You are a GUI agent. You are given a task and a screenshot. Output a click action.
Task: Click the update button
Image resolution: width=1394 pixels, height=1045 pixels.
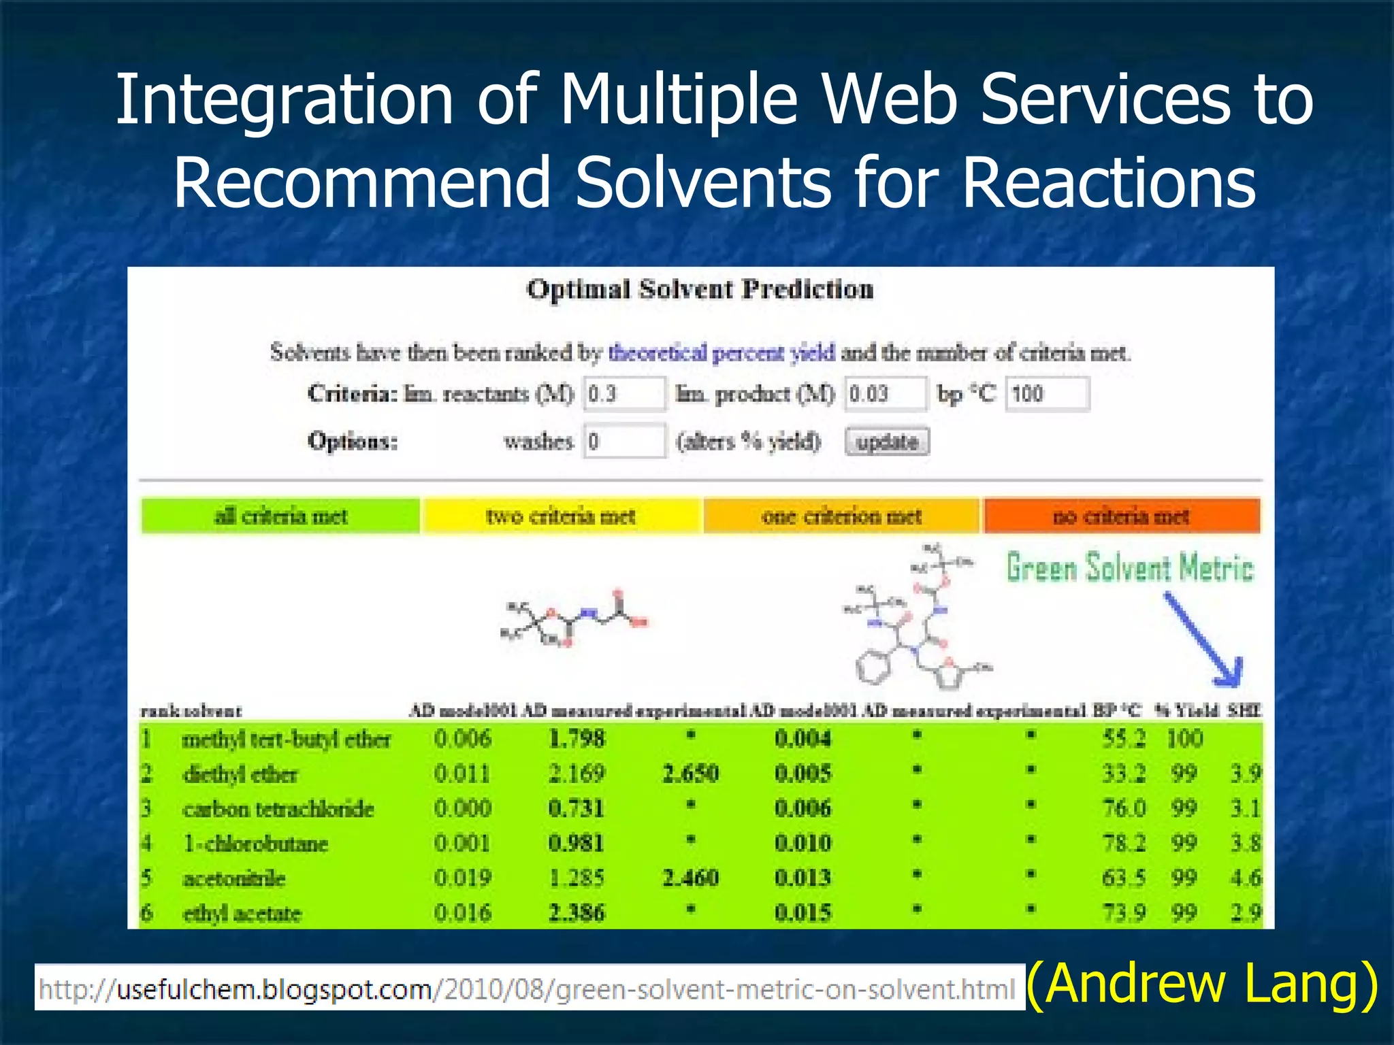(887, 442)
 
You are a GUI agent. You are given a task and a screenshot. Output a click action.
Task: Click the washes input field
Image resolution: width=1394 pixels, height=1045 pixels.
(624, 442)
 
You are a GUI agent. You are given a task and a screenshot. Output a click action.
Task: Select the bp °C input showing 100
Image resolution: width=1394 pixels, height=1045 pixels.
(1047, 394)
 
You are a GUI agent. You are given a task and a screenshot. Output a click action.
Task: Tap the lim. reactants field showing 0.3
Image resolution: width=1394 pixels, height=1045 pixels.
(624, 394)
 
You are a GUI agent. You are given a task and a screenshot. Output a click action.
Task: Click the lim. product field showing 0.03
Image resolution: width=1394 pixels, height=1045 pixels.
(886, 394)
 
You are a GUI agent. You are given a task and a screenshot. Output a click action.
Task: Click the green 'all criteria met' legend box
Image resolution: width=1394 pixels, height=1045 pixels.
(280, 516)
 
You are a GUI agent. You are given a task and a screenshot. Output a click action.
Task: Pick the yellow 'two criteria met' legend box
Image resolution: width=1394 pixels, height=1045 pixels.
(561, 516)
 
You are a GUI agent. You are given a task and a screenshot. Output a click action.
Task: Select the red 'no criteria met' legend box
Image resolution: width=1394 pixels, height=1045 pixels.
(1121, 516)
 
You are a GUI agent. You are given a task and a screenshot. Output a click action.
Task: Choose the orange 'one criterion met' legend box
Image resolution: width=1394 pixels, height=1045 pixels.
(841, 516)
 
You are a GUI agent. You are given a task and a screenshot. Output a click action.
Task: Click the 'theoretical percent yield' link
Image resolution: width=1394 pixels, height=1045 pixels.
(722, 352)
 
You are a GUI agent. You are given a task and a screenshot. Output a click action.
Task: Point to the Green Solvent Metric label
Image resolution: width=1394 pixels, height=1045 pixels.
(1130, 567)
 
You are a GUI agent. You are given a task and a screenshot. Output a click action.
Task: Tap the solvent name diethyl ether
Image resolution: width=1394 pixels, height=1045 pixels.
(240, 774)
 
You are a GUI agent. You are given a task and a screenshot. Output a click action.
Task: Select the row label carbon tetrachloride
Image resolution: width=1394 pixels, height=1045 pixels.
(278, 809)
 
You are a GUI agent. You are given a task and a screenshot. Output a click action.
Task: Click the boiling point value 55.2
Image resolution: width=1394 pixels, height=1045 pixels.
(1124, 739)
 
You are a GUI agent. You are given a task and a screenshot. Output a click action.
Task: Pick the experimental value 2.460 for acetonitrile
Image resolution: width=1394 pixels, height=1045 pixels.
(690, 878)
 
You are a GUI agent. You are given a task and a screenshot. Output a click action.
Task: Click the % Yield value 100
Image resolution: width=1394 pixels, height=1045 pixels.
(1184, 739)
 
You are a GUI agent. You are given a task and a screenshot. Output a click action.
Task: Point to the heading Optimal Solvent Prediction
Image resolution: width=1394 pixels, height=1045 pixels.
(700, 290)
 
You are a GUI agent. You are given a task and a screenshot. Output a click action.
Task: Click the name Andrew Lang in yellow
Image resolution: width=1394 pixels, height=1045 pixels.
(1202, 984)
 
